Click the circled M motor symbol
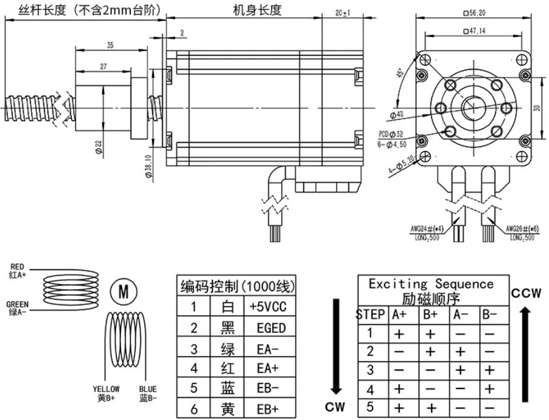tap(123, 292)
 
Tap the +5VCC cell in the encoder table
tap(268, 306)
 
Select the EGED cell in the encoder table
tap(268, 328)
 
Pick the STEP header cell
tap(370, 315)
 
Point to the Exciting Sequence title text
tap(432, 284)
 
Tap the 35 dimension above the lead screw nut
tap(110, 45)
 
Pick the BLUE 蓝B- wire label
tap(147, 393)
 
